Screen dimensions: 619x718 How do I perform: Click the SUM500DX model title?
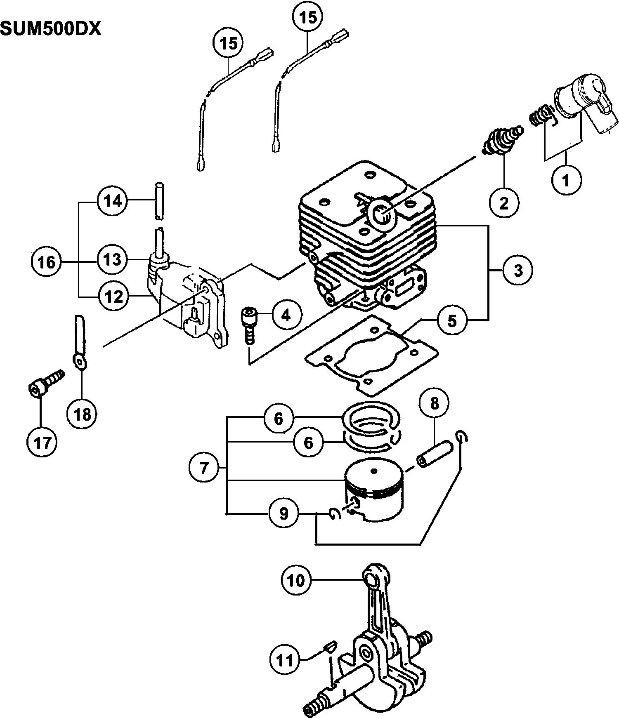[x=51, y=29]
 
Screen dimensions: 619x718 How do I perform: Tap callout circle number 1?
[x=566, y=180]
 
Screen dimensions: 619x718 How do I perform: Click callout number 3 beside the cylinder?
[x=518, y=270]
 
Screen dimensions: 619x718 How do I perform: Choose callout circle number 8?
[x=435, y=403]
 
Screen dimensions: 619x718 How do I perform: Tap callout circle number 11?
[x=285, y=660]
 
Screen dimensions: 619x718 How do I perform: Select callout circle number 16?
[x=46, y=262]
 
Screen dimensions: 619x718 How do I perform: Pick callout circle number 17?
[x=42, y=443]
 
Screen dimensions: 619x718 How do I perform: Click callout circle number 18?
[x=82, y=414]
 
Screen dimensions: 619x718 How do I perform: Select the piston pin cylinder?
[x=435, y=454]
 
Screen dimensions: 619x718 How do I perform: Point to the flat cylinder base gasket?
[x=371, y=353]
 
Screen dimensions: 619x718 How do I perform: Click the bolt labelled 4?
[x=249, y=324]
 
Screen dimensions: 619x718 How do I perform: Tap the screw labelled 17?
[x=47, y=382]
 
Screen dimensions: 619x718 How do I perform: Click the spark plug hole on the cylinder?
[x=381, y=214]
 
